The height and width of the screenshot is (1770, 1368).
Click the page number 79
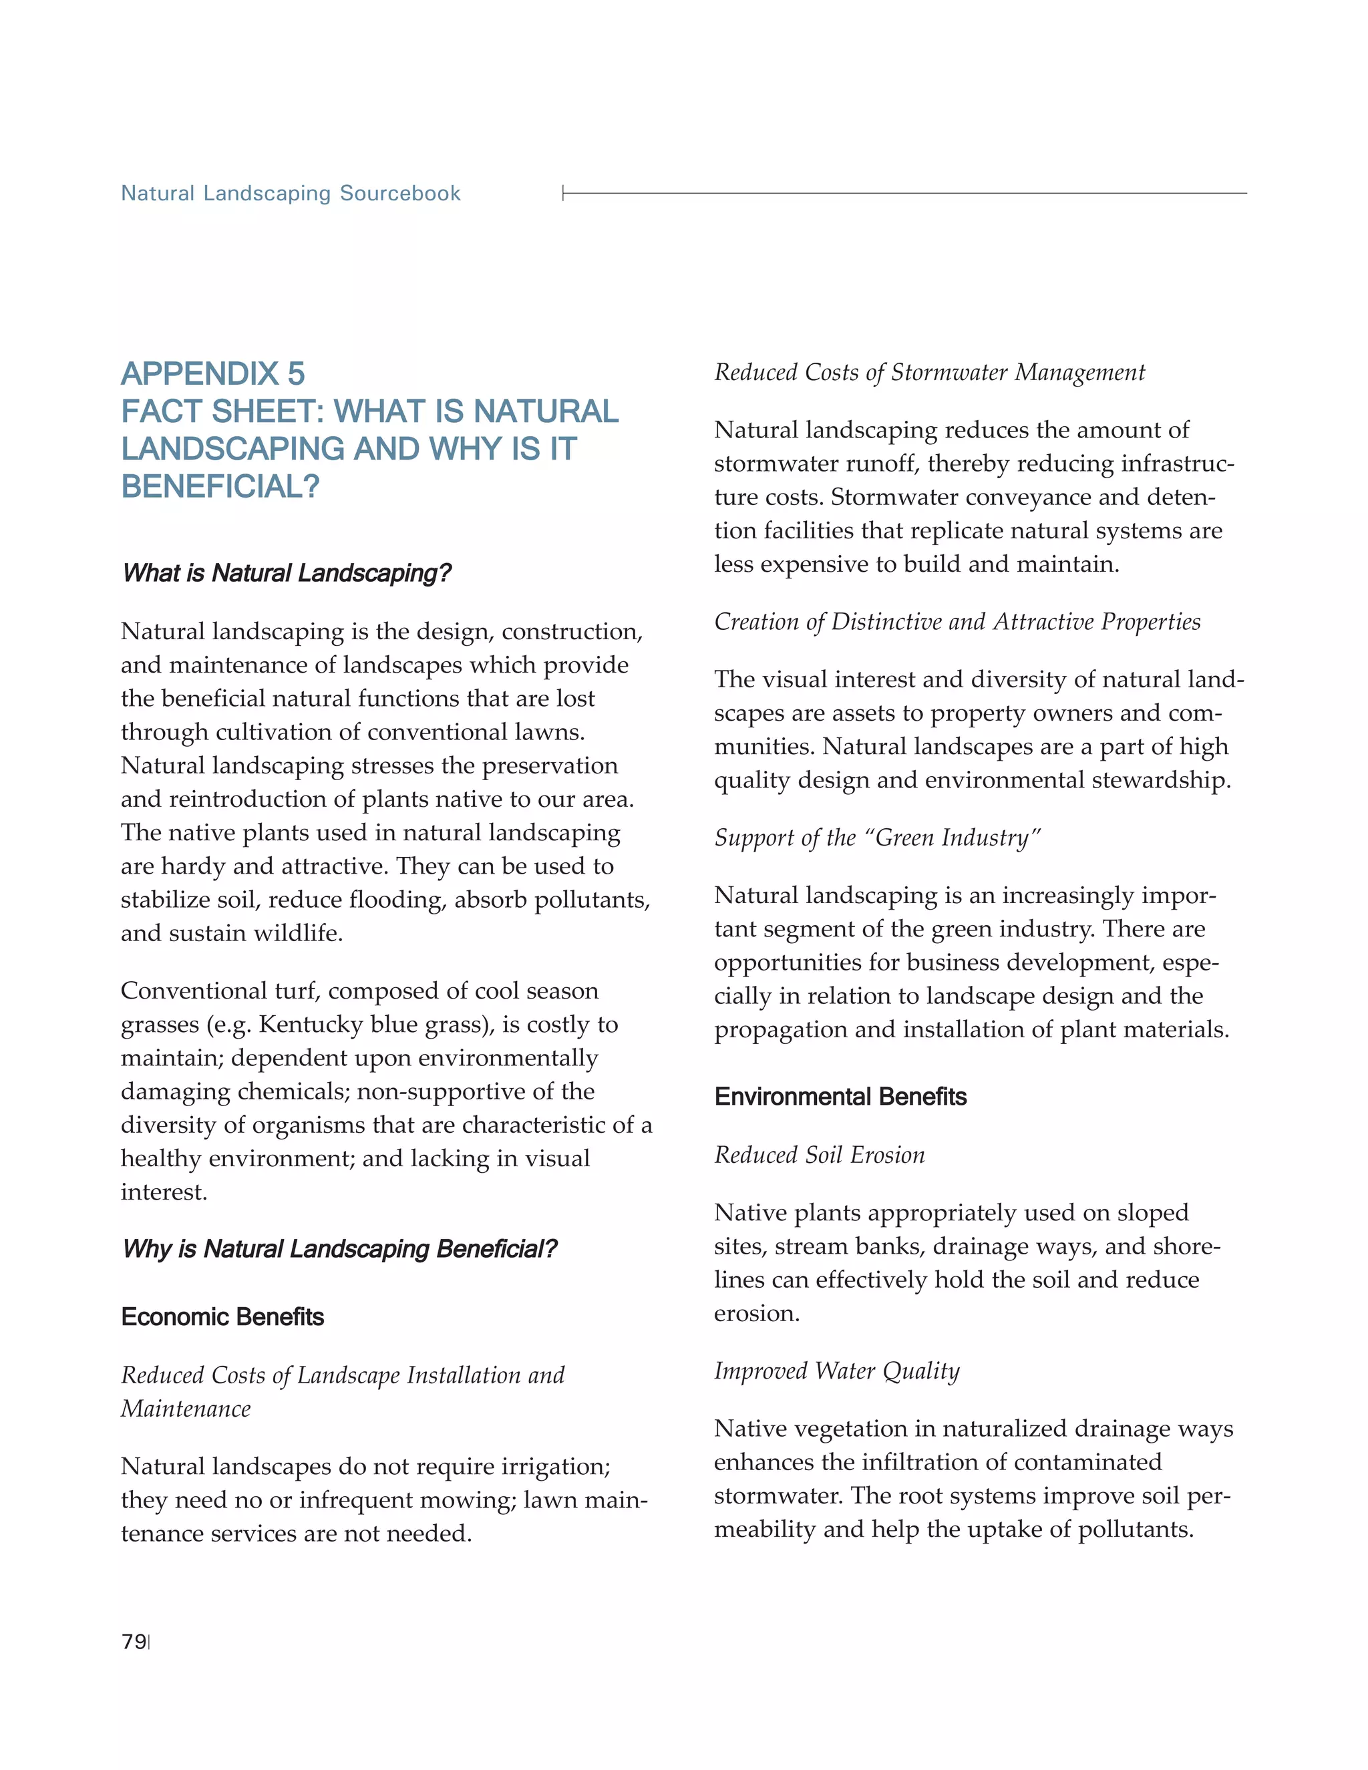(x=134, y=1642)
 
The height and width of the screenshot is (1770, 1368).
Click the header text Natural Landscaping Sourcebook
(x=290, y=194)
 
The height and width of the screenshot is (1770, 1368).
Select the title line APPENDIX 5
(x=212, y=373)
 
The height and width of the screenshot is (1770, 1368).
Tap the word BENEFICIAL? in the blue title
(x=220, y=486)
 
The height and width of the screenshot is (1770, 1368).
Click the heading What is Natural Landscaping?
(x=286, y=573)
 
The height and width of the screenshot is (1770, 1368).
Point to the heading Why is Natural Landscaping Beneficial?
(x=339, y=1249)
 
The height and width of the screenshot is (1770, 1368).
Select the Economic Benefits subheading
(x=222, y=1317)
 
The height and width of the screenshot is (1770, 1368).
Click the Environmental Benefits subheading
(x=840, y=1097)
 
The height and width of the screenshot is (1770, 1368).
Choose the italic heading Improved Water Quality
(x=836, y=1371)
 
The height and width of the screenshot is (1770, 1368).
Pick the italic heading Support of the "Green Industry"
(x=877, y=838)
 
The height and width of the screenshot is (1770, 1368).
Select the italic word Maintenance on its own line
(x=186, y=1409)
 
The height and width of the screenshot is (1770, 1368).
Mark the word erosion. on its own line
(x=756, y=1313)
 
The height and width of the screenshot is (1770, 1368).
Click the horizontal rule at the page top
(x=904, y=193)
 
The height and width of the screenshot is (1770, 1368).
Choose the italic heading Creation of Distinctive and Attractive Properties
(x=957, y=622)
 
